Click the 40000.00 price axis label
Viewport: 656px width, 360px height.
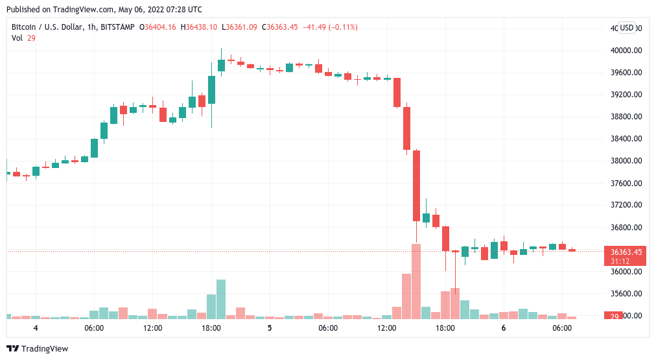(x=626, y=51)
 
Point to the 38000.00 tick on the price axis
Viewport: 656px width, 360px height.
(x=626, y=161)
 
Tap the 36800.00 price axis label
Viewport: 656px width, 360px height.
(x=626, y=228)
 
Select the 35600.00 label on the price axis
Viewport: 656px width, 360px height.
(x=626, y=294)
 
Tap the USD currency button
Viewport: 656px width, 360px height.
(x=626, y=28)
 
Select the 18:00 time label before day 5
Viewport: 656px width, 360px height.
(x=211, y=328)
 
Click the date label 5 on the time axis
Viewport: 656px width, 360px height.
(x=270, y=328)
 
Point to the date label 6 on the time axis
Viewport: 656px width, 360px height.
(x=504, y=328)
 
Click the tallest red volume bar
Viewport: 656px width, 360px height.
(x=416, y=282)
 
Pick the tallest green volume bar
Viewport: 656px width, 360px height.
(x=221, y=299)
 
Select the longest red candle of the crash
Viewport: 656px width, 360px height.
(x=416, y=186)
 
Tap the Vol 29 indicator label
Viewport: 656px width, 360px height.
(x=23, y=38)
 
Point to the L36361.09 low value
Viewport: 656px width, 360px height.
(x=240, y=27)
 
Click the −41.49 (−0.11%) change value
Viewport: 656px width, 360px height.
(x=329, y=27)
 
